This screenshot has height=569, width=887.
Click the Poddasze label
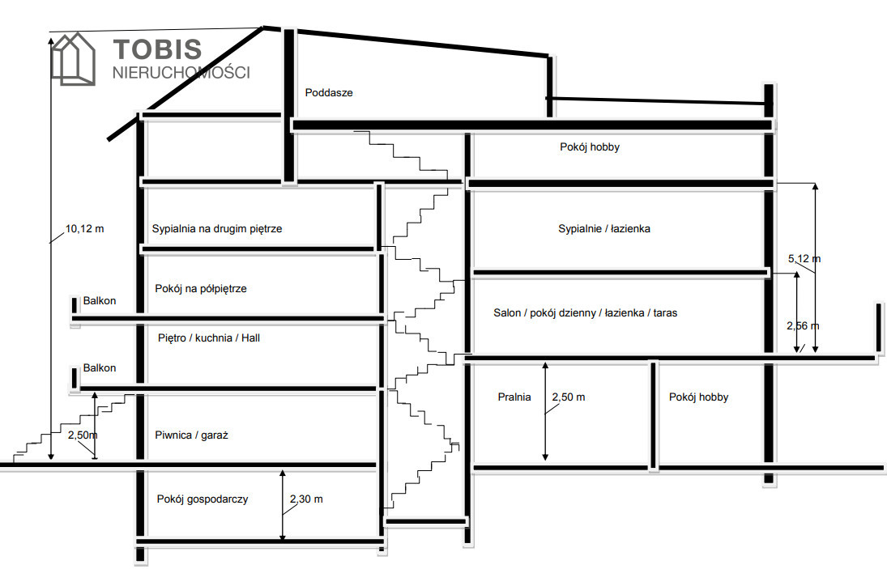point(329,92)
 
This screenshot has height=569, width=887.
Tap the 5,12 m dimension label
point(804,259)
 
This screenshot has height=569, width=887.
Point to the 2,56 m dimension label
point(803,325)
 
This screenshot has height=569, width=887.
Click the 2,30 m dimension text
point(305,499)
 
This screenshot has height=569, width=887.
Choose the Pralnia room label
point(514,397)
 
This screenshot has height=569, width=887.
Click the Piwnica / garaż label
point(192,435)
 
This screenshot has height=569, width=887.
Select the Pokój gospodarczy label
point(203,499)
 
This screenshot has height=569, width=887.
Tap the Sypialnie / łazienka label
point(604,228)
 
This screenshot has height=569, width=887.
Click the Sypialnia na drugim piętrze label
point(217,228)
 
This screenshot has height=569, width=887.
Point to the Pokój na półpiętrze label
point(201,288)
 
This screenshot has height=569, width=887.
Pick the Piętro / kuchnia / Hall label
point(209,338)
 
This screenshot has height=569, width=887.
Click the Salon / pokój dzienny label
point(586,312)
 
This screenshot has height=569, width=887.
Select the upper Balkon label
point(100,301)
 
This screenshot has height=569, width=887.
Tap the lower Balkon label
point(100,367)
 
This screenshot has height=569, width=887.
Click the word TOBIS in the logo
point(157,49)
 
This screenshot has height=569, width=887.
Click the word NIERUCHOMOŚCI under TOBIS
point(181,72)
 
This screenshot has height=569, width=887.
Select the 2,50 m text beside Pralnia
point(568,397)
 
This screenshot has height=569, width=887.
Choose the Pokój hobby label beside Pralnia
point(698,397)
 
